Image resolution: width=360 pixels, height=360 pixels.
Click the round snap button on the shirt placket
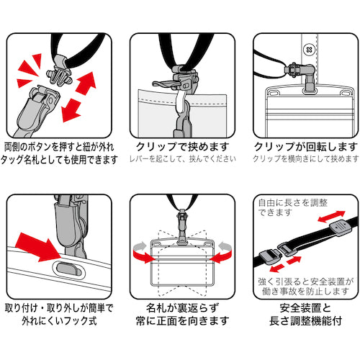(x=309, y=50)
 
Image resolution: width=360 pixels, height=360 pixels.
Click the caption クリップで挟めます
(x=182, y=147)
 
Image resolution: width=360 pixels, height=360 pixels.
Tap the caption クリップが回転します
(x=306, y=147)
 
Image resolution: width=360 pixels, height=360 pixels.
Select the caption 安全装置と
(x=305, y=308)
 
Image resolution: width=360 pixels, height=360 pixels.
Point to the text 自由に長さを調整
(x=293, y=203)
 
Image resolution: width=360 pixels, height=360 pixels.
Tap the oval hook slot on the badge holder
(x=68, y=269)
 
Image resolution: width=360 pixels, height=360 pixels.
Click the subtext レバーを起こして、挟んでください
(x=183, y=159)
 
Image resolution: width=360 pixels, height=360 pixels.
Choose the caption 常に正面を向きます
(x=182, y=321)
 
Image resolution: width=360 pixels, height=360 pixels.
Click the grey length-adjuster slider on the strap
(x=341, y=226)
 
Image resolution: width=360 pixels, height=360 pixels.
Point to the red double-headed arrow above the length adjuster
(x=331, y=216)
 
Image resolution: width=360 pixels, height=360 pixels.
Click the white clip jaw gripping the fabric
(x=181, y=99)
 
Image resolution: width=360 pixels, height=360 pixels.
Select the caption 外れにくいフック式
(x=59, y=321)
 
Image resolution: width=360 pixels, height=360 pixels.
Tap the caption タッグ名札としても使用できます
(x=59, y=159)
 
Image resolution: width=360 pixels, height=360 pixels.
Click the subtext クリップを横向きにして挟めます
(x=306, y=159)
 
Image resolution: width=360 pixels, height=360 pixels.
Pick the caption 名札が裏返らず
(x=182, y=308)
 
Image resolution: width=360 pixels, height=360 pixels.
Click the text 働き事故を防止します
(x=305, y=292)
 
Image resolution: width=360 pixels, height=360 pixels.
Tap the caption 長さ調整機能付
(x=305, y=321)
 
